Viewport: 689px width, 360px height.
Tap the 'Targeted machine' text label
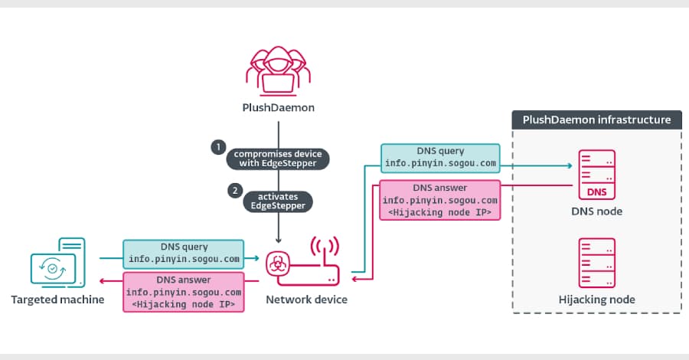(57, 299)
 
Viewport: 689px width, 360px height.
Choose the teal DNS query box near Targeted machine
(184, 253)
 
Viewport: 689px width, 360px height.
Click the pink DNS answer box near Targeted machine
(184, 292)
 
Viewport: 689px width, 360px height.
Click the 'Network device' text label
(306, 299)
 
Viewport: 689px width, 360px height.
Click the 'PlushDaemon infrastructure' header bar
(596, 119)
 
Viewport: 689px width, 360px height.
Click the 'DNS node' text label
(597, 211)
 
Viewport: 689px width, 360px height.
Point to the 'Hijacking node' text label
(597, 299)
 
